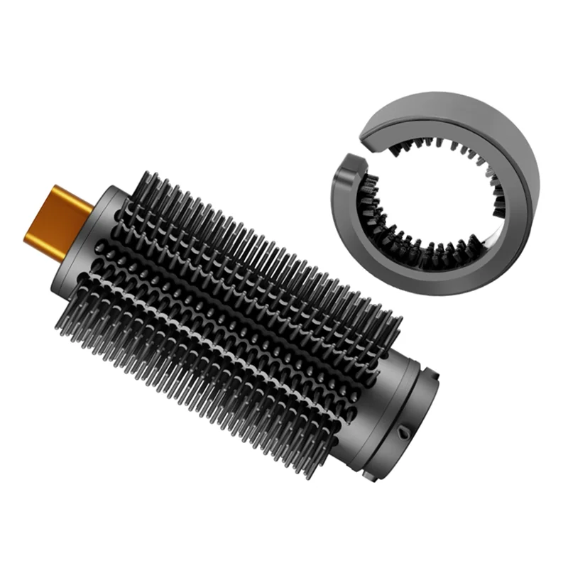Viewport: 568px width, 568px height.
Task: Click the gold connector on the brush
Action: point(57,220)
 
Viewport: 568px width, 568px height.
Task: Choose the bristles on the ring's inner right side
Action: point(497,192)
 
